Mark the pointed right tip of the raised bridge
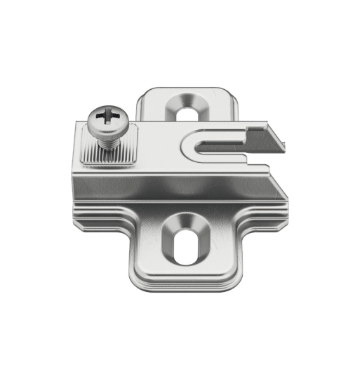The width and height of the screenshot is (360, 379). [x=288, y=145]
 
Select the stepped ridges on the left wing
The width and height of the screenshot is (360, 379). [x=98, y=211]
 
